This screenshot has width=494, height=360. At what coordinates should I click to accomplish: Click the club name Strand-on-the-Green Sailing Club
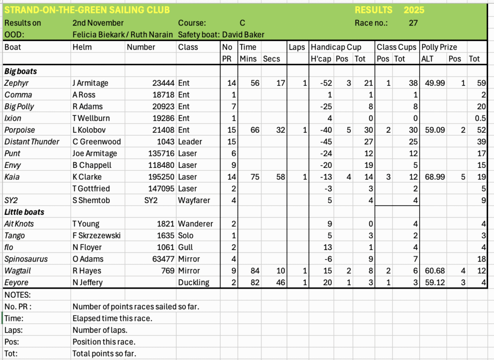(x=87, y=10)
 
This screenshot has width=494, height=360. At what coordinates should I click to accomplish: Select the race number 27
(x=413, y=23)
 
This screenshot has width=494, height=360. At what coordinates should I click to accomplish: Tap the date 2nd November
(x=98, y=23)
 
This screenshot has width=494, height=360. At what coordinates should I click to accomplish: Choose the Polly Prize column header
(x=439, y=47)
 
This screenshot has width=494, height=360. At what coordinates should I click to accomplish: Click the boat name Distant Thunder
(x=32, y=141)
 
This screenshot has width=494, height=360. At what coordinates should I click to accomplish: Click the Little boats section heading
(x=24, y=212)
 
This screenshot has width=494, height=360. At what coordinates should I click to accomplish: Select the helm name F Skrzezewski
(x=96, y=235)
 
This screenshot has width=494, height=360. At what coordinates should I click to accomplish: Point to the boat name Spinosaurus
(x=26, y=259)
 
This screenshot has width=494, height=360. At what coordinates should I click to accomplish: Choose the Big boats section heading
(x=21, y=71)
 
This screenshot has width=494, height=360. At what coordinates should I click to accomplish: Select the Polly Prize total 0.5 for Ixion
(x=479, y=118)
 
